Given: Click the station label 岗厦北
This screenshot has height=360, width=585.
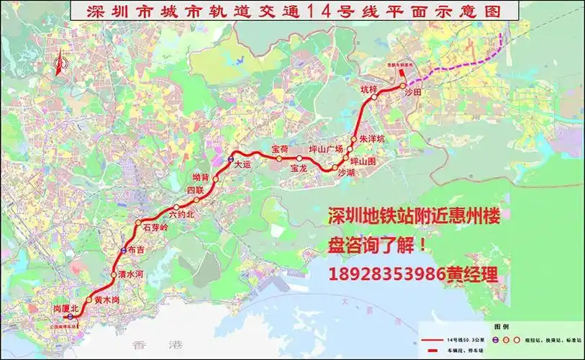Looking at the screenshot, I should [x=65, y=308].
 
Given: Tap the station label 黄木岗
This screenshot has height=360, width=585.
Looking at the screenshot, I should [x=106, y=299].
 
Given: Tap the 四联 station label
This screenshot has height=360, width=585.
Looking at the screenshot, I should [x=195, y=190].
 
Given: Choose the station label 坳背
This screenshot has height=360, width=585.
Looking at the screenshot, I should [x=201, y=176].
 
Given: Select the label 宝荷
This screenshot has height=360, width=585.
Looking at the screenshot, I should [x=279, y=148].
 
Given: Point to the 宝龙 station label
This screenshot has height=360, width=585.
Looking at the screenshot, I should [x=299, y=168].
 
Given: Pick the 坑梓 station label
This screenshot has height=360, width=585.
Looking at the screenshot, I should [x=368, y=89].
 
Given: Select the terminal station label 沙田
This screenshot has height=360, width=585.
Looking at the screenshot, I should [x=412, y=93].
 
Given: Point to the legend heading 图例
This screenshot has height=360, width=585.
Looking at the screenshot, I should [x=501, y=325].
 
